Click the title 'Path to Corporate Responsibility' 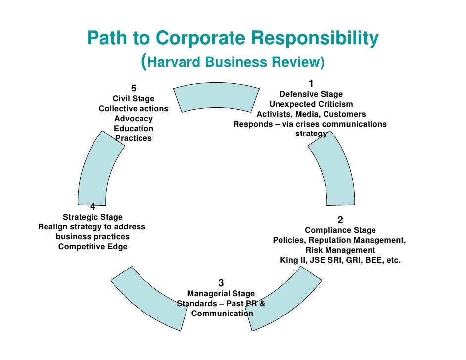tap(233, 38)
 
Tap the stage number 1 tap(311, 83)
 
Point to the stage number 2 tap(340, 220)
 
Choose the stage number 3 tap(221, 283)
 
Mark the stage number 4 tap(93, 207)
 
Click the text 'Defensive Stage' tap(311, 94)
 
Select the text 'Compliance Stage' tap(340, 230)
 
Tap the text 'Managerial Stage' tap(221, 294)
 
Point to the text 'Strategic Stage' tap(93, 217)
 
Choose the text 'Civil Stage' tap(134, 99)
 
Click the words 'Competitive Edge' tap(93, 247)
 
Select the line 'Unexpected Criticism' tap(311, 104)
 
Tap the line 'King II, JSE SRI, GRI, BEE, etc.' tap(340, 260)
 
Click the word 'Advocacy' tap(134, 119)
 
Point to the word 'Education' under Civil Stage tap(134, 129)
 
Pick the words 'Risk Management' tap(340, 250)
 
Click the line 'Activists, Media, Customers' tap(311, 114)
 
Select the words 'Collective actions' tap(134, 109)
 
